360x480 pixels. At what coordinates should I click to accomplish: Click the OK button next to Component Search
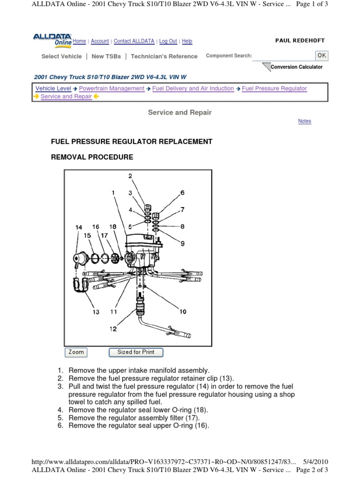tap(322, 55)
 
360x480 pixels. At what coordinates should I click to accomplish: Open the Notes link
tap(304, 121)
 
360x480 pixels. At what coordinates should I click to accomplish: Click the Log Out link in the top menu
tap(168, 41)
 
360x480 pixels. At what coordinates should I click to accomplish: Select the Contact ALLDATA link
tap(134, 41)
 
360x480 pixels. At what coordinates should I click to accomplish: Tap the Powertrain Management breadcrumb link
tap(112, 88)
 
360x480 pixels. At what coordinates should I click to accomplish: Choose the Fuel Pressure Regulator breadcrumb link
tap(274, 88)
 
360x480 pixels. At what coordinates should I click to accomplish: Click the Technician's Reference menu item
tap(164, 56)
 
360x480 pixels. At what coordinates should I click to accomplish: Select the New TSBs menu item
tap(106, 56)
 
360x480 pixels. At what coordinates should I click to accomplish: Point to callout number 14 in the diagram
tap(79, 227)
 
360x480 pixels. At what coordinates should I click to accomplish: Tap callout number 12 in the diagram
tap(113, 329)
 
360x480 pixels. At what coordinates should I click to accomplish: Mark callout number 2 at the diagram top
tap(131, 176)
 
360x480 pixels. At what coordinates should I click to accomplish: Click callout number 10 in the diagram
tap(182, 311)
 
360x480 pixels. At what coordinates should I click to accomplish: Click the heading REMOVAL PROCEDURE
tap(92, 157)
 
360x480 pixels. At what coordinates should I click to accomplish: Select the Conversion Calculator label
tap(296, 67)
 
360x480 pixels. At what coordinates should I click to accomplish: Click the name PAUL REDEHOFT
tap(300, 41)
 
